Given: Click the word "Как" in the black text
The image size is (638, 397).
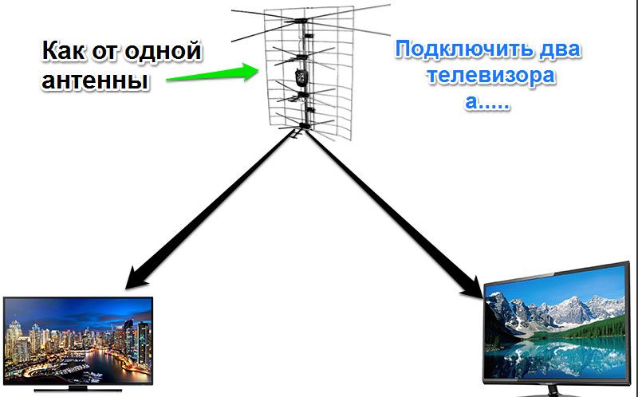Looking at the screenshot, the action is click(x=64, y=50).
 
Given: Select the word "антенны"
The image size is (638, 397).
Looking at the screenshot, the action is click(x=94, y=81).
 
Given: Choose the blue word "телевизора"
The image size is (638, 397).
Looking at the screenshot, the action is click(x=490, y=76).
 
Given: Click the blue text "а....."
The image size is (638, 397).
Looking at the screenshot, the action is click(x=487, y=102).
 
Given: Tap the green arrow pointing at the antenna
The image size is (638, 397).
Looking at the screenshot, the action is click(x=212, y=73).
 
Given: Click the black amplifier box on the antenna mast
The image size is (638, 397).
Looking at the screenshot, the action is click(x=301, y=77).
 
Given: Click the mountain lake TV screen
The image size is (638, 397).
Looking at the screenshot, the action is click(x=556, y=324).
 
